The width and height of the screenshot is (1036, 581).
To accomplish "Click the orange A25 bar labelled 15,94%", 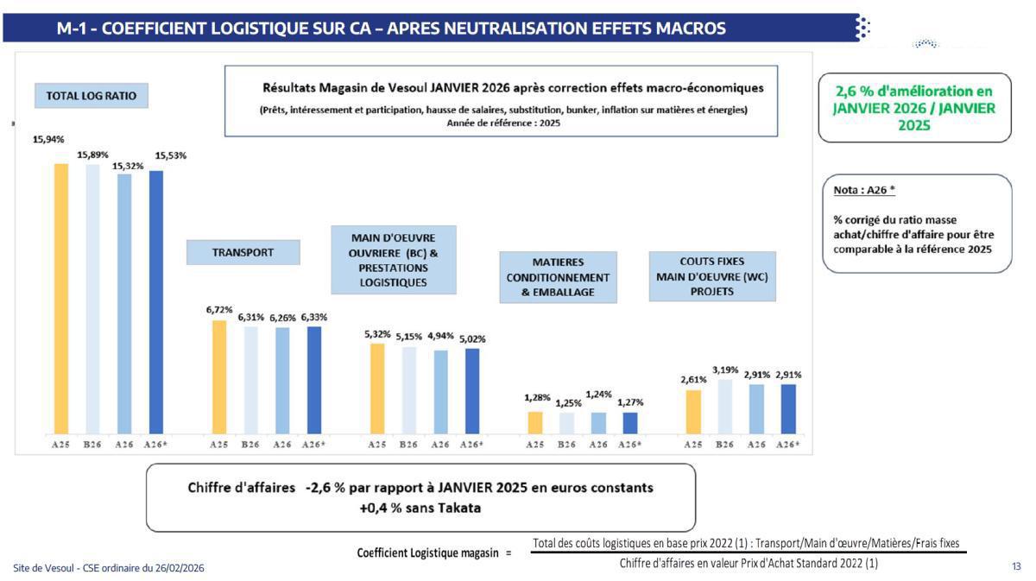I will click(61, 298).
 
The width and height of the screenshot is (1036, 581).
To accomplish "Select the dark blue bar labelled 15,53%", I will click(156, 302).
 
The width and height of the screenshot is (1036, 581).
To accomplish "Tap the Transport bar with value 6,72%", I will click(219, 377).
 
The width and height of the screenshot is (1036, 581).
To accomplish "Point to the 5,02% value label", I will click(472, 339).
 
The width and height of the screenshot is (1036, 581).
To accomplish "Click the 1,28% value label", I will click(537, 398).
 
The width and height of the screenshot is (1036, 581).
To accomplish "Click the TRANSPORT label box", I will click(243, 253).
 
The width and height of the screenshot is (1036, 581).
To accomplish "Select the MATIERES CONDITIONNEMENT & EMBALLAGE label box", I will click(559, 277).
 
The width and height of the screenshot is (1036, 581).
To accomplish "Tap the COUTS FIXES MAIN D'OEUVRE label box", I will click(711, 276).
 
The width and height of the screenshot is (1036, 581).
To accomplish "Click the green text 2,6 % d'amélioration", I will click(913, 90).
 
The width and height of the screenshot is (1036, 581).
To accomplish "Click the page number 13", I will click(1016, 566).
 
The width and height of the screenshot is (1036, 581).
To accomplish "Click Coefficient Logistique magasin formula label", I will click(428, 553).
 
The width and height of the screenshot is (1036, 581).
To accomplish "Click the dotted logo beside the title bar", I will click(862, 28).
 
